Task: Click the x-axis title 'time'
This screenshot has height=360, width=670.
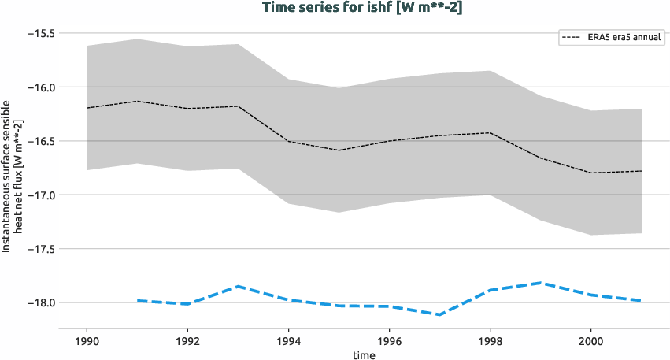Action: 364,354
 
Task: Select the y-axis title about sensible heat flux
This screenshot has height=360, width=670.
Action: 12,176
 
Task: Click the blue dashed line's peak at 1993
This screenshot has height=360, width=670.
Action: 238,287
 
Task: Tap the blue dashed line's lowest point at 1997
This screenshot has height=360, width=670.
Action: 439,314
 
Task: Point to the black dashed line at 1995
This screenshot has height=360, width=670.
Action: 339,150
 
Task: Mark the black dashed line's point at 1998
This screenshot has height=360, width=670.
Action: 490,132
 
